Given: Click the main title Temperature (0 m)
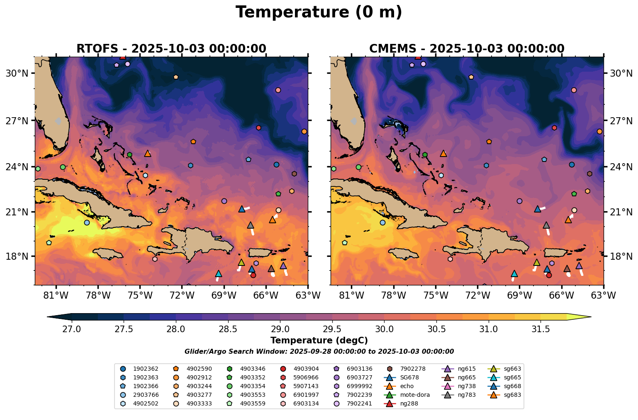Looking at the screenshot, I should (319, 12).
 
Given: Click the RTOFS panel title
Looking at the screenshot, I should (171, 48).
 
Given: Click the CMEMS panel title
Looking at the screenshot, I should (467, 48).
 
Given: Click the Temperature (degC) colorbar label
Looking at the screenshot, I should (319, 340).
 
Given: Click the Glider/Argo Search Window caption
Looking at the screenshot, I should (319, 352).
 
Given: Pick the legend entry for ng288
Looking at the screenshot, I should (409, 403).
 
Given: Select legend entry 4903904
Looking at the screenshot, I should (306, 369).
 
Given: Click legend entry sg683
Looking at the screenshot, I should (512, 395).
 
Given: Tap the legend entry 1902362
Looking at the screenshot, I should (146, 369).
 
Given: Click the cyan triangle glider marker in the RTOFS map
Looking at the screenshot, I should (219, 274).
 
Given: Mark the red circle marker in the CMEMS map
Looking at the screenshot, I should (549, 275).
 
